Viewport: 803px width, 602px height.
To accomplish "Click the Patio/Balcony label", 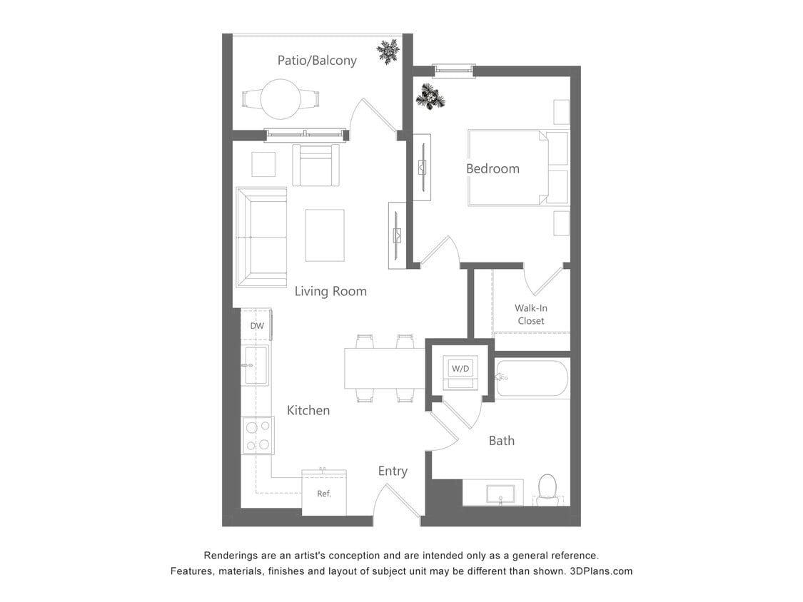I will [317, 61].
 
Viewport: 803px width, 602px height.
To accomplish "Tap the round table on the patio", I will [280, 98].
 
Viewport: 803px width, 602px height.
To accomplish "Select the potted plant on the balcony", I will [388, 51].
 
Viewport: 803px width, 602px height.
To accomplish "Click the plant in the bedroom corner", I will [430, 96].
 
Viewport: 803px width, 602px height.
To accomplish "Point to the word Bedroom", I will [493, 169].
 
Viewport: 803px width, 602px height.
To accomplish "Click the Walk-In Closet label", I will [530, 315].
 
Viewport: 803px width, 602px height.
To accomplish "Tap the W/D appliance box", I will [460, 369].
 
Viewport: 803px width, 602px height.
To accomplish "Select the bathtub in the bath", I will [532, 379].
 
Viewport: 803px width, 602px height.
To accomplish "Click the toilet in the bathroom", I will [547, 489].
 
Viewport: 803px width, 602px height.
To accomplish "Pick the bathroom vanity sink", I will [500, 493].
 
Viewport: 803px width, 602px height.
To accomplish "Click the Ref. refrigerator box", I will [324, 492].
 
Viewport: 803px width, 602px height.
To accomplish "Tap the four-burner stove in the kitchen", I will [258, 435].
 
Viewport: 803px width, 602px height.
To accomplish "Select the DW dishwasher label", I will [257, 326].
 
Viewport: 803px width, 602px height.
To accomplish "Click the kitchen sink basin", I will [256, 365].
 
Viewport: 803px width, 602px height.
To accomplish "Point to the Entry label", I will [393, 471].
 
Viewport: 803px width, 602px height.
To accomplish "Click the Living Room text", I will [330, 291].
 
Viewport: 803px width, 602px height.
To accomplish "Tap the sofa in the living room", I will [261, 238].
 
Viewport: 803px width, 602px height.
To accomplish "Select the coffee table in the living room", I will [325, 235].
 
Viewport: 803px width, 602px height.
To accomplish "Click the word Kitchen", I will [308, 410].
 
